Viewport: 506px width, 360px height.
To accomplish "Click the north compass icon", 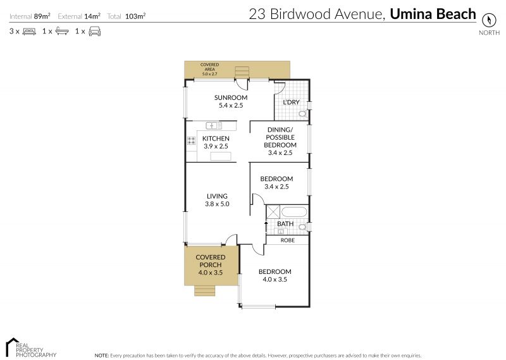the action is point(488,20).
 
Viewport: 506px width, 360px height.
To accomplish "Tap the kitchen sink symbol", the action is point(214,125).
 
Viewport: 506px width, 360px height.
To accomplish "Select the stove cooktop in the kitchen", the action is point(192,140).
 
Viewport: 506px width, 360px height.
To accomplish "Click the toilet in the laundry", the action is point(302,114).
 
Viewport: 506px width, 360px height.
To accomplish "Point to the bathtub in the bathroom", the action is point(293,212).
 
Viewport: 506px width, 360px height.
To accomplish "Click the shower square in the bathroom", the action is point(273,212).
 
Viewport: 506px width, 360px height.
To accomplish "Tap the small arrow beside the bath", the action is point(266,227).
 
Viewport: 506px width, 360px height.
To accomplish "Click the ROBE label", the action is point(288,240).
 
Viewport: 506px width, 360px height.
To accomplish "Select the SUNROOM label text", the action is point(231,97).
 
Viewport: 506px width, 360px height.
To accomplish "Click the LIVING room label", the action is point(217,196).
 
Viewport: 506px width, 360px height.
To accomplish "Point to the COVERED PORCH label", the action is point(211,261).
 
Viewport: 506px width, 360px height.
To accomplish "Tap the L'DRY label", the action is point(291,102).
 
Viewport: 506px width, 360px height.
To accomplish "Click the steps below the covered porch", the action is point(204,290).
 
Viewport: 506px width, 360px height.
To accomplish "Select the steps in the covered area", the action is point(242,72).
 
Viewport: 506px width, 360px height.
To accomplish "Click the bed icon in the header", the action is point(29,32).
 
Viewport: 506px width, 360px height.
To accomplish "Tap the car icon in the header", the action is point(94,32).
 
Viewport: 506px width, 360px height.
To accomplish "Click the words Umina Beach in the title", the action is point(433,14).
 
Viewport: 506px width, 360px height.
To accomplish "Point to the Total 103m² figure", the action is point(126,16).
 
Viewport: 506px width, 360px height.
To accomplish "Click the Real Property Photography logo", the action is point(31,348).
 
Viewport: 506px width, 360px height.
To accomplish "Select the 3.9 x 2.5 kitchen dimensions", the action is point(216,146).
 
